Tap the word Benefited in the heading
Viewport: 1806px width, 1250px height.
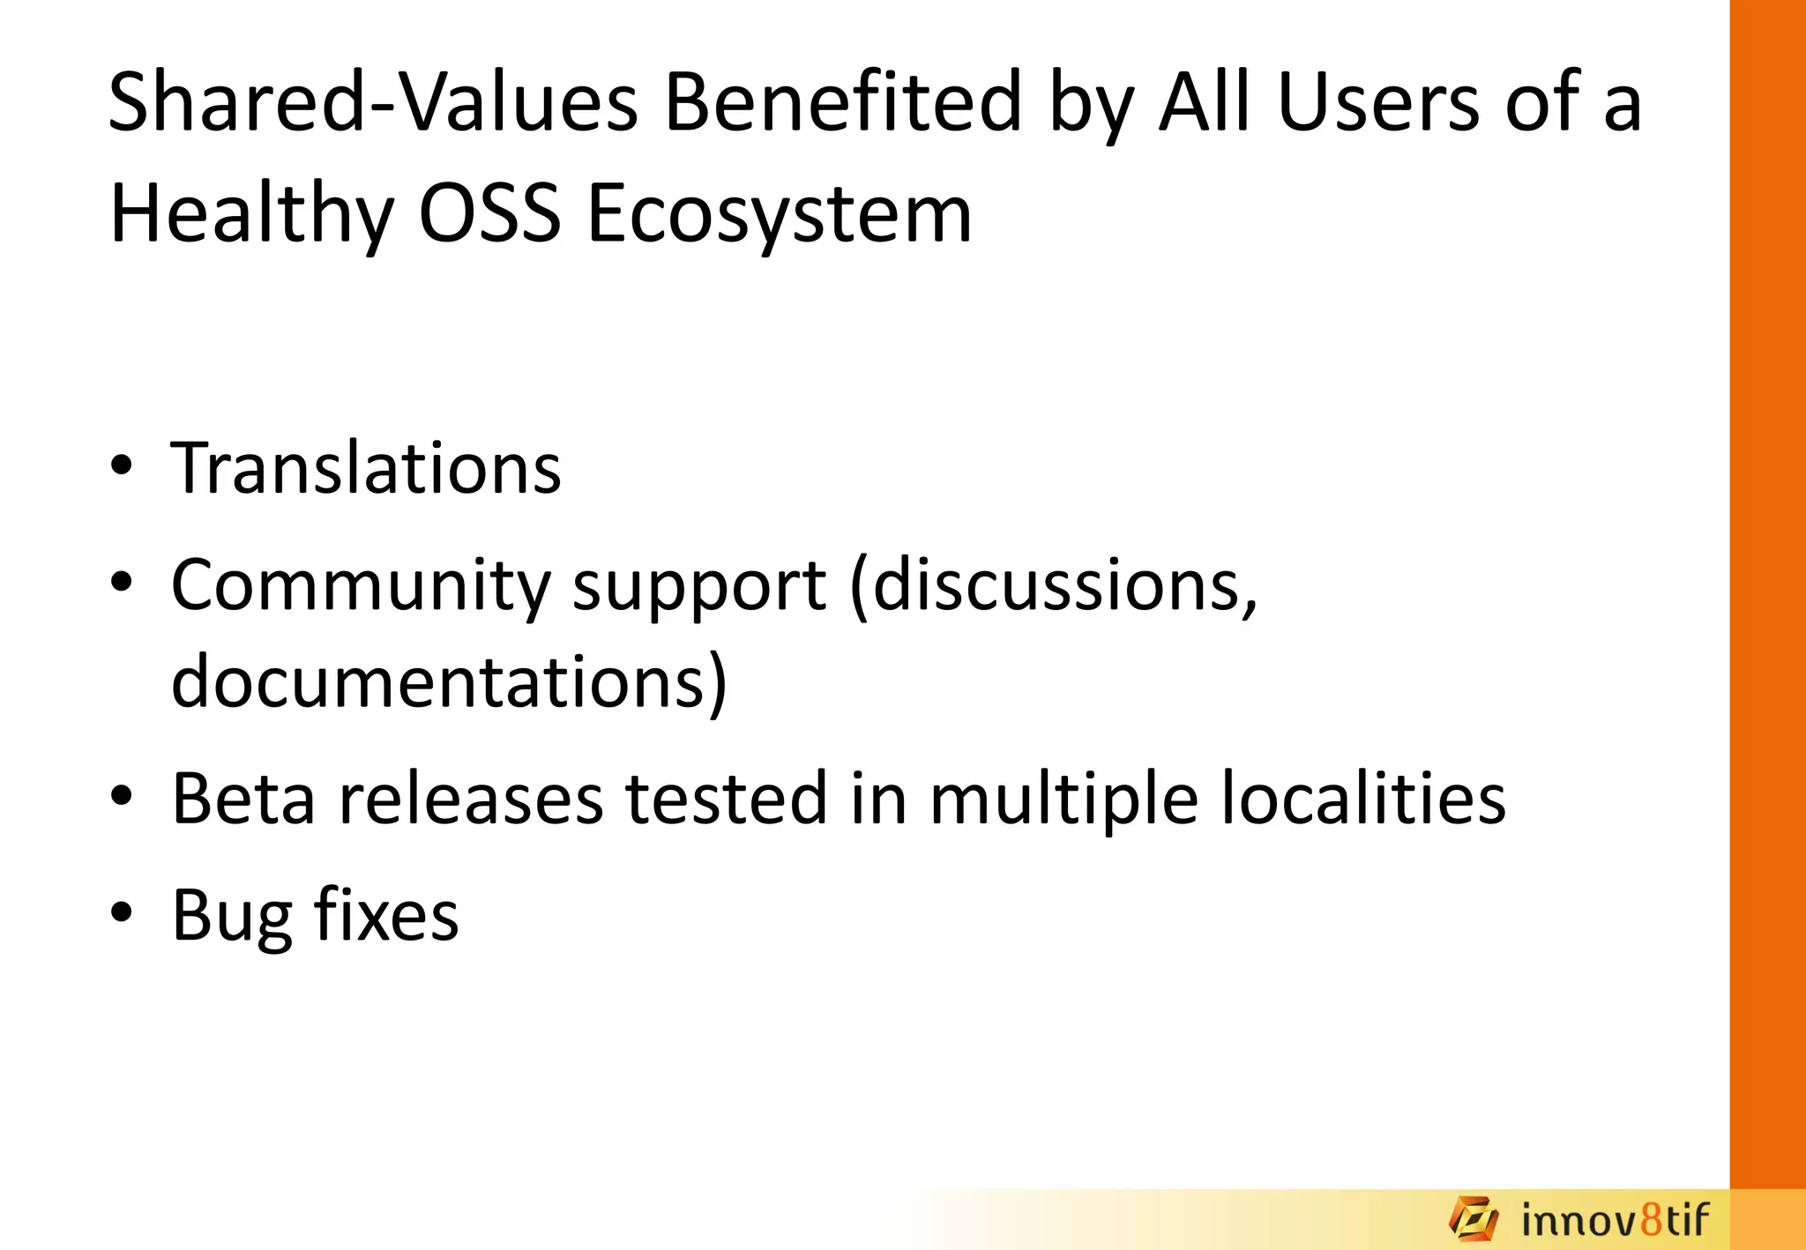coord(843,103)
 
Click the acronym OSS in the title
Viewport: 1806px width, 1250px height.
coord(489,214)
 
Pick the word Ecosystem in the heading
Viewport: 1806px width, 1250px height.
coord(780,214)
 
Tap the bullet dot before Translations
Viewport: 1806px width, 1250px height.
coord(122,465)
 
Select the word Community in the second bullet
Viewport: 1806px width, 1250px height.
coord(360,585)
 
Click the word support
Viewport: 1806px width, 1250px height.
coord(699,585)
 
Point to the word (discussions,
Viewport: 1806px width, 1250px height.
coord(1054,585)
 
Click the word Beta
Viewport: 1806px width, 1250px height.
coord(243,799)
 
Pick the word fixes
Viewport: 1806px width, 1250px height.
coord(386,915)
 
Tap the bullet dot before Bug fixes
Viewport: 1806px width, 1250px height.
coord(122,912)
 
